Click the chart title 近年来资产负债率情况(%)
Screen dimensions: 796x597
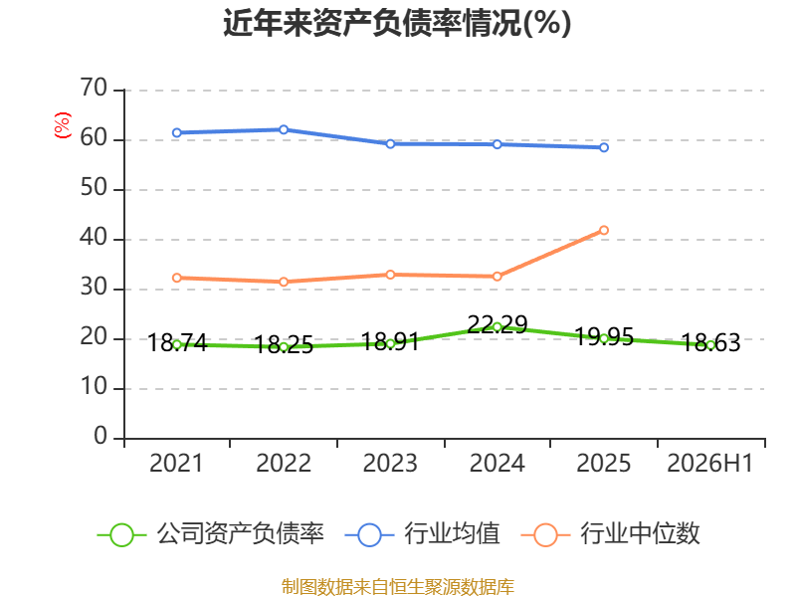coord(397,23)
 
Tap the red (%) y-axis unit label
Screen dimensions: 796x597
coord(63,125)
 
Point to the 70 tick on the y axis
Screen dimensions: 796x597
coord(94,89)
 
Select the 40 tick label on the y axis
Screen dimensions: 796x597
coord(94,238)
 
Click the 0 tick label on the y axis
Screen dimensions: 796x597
coord(100,436)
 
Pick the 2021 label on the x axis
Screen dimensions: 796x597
coord(176,463)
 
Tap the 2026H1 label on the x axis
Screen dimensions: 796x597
coord(710,463)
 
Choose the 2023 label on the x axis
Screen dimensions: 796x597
coord(390,463)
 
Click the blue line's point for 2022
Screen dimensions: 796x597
coord(284,130)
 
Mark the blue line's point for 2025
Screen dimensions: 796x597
coord(604,147)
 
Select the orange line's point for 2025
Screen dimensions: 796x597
coord(604,231)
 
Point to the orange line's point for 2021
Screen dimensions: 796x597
coord(177,279)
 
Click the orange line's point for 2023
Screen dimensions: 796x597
coord(390,275)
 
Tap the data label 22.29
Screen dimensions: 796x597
coord(497,324)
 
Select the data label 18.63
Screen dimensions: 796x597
coord(710,342)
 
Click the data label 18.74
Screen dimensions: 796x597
coord(177,342)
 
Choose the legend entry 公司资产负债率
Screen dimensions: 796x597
coord(210,534)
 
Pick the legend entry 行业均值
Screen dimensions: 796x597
coord(422,534)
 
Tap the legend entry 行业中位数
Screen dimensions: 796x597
coord(610,534)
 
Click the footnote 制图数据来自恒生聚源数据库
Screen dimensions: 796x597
coord(398,587)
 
